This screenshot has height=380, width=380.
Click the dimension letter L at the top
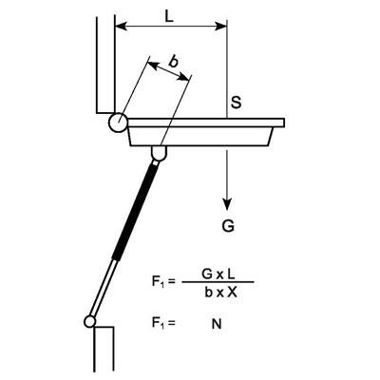click(168, 17)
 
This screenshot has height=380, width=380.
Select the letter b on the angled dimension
click(173, 62)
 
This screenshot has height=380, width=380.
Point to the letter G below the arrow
click(228, 227)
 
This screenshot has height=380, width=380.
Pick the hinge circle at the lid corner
click(118, 122)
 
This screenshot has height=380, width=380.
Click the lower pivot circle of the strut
click(90, 321)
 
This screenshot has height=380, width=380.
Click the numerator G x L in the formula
click(218, 274)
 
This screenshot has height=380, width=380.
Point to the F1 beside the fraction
click(162, 282)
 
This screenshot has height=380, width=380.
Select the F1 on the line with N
click(162, 323)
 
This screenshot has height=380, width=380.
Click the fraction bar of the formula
click(218, 282)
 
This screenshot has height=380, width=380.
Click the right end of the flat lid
click(281, 122)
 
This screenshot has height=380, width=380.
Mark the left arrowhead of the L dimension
click(119, 28)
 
